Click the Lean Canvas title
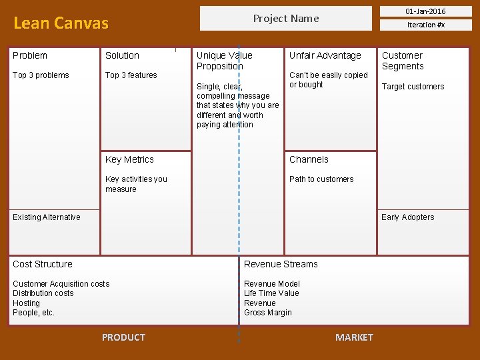[x=61, y=23]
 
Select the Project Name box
[x=286, y=19]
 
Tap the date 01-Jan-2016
[x=426, y=11]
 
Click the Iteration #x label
[x=426, y=25]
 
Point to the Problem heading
[x=30, y=55]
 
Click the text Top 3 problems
[x=41, y=75]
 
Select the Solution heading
[x=122, y=55]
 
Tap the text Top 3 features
[x=131, y=75]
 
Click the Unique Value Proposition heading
[x=225, y=61]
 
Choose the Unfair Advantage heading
[x=325, y=55]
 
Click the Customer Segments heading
[x=403, y=61]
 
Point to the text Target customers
[x=413, y=87]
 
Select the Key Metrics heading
[x=129, y=159]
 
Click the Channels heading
[x=309, y=159]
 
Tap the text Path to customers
[x=321, y=179]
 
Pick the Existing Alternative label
[x=47, y=217]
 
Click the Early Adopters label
[x=407, y=217]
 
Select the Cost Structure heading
[x=43, y=264]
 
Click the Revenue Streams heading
[x=281, y=264]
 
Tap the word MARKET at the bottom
[x=354, y=337]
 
